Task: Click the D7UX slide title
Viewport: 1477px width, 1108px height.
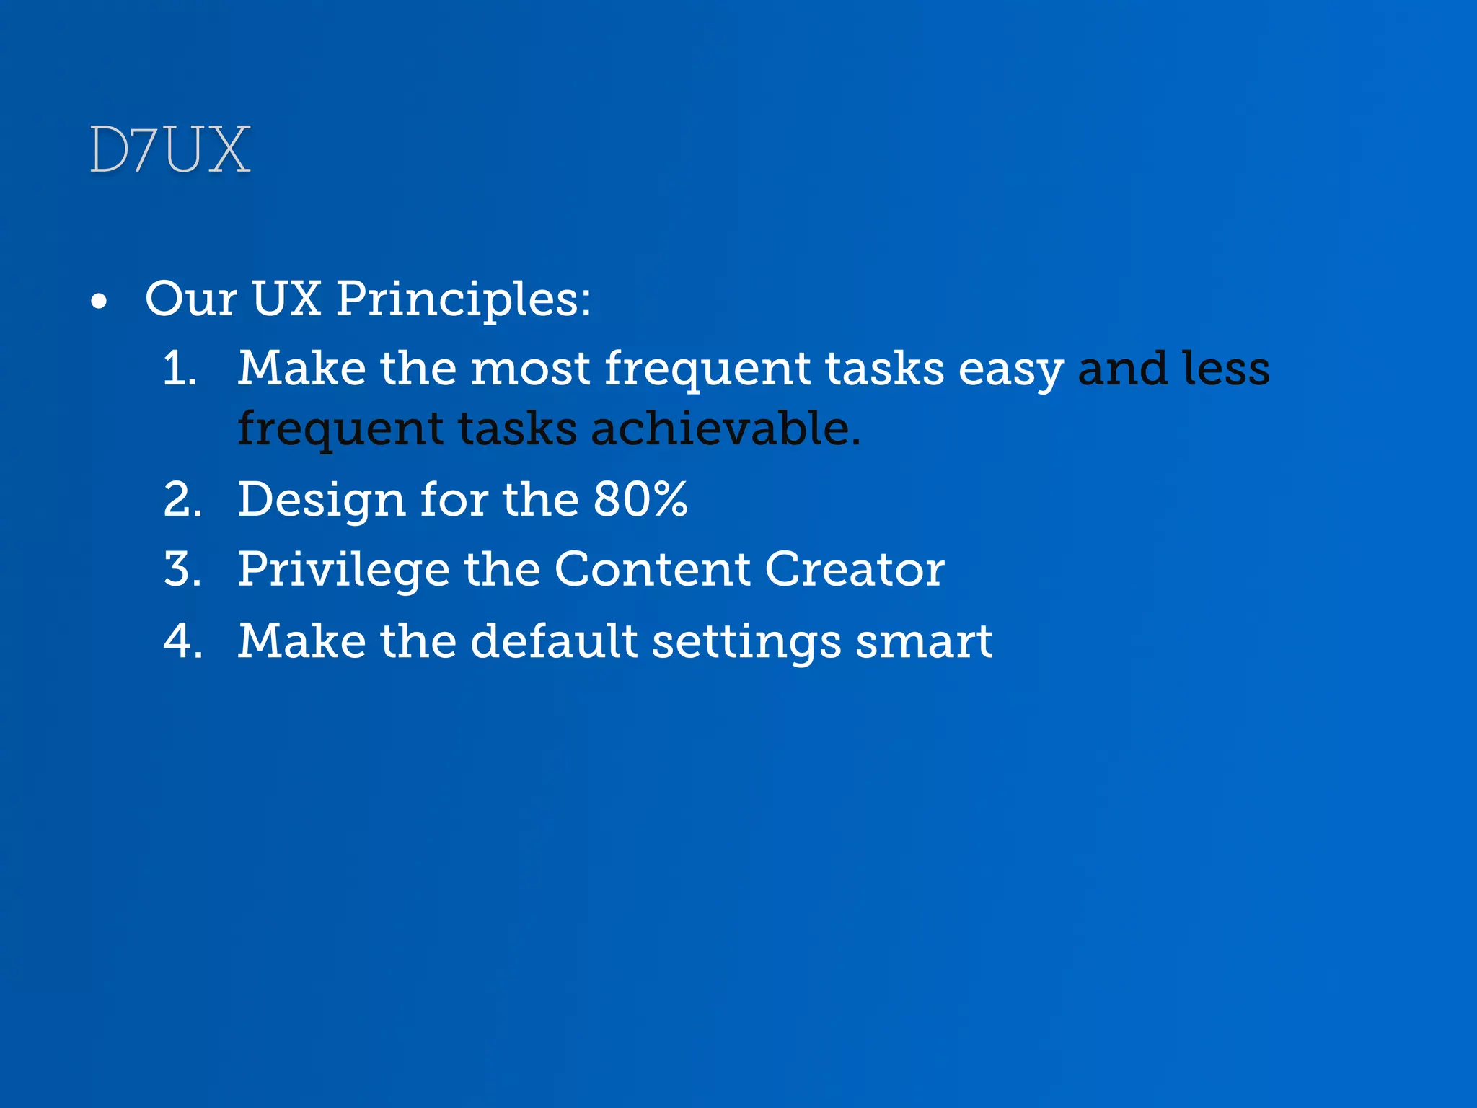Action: (x=170, y=150)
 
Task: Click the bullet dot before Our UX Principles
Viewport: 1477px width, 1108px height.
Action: (x=100, y=302)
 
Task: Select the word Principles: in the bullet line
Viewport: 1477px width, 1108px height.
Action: (x=463, y=299)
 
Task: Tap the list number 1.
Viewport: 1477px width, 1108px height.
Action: (x=180, y=368)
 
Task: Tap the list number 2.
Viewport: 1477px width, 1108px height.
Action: (x=182, y=499)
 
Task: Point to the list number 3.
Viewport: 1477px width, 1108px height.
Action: (x=182, y=569)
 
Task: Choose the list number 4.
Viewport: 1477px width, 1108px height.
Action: (x=182, y=641)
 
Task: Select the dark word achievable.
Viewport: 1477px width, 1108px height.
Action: (x=726, y=428)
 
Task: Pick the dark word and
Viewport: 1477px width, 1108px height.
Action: (x=1121, y=368)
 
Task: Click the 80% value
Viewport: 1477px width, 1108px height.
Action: (x=640, y=499)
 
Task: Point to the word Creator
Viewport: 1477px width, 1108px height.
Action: (x=854, y=569)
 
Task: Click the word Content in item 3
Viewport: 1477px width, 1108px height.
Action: (x=652, y=569)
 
